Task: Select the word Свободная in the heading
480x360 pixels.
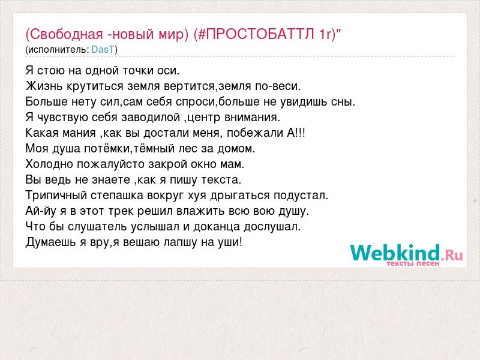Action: (x=67, y=34)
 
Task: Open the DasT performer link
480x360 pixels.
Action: (x=103, y=50)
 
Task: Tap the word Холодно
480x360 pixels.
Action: (x=49, y=164)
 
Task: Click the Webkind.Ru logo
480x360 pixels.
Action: (x=406, y=253)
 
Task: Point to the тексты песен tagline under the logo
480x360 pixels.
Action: (x=413, y=263)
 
